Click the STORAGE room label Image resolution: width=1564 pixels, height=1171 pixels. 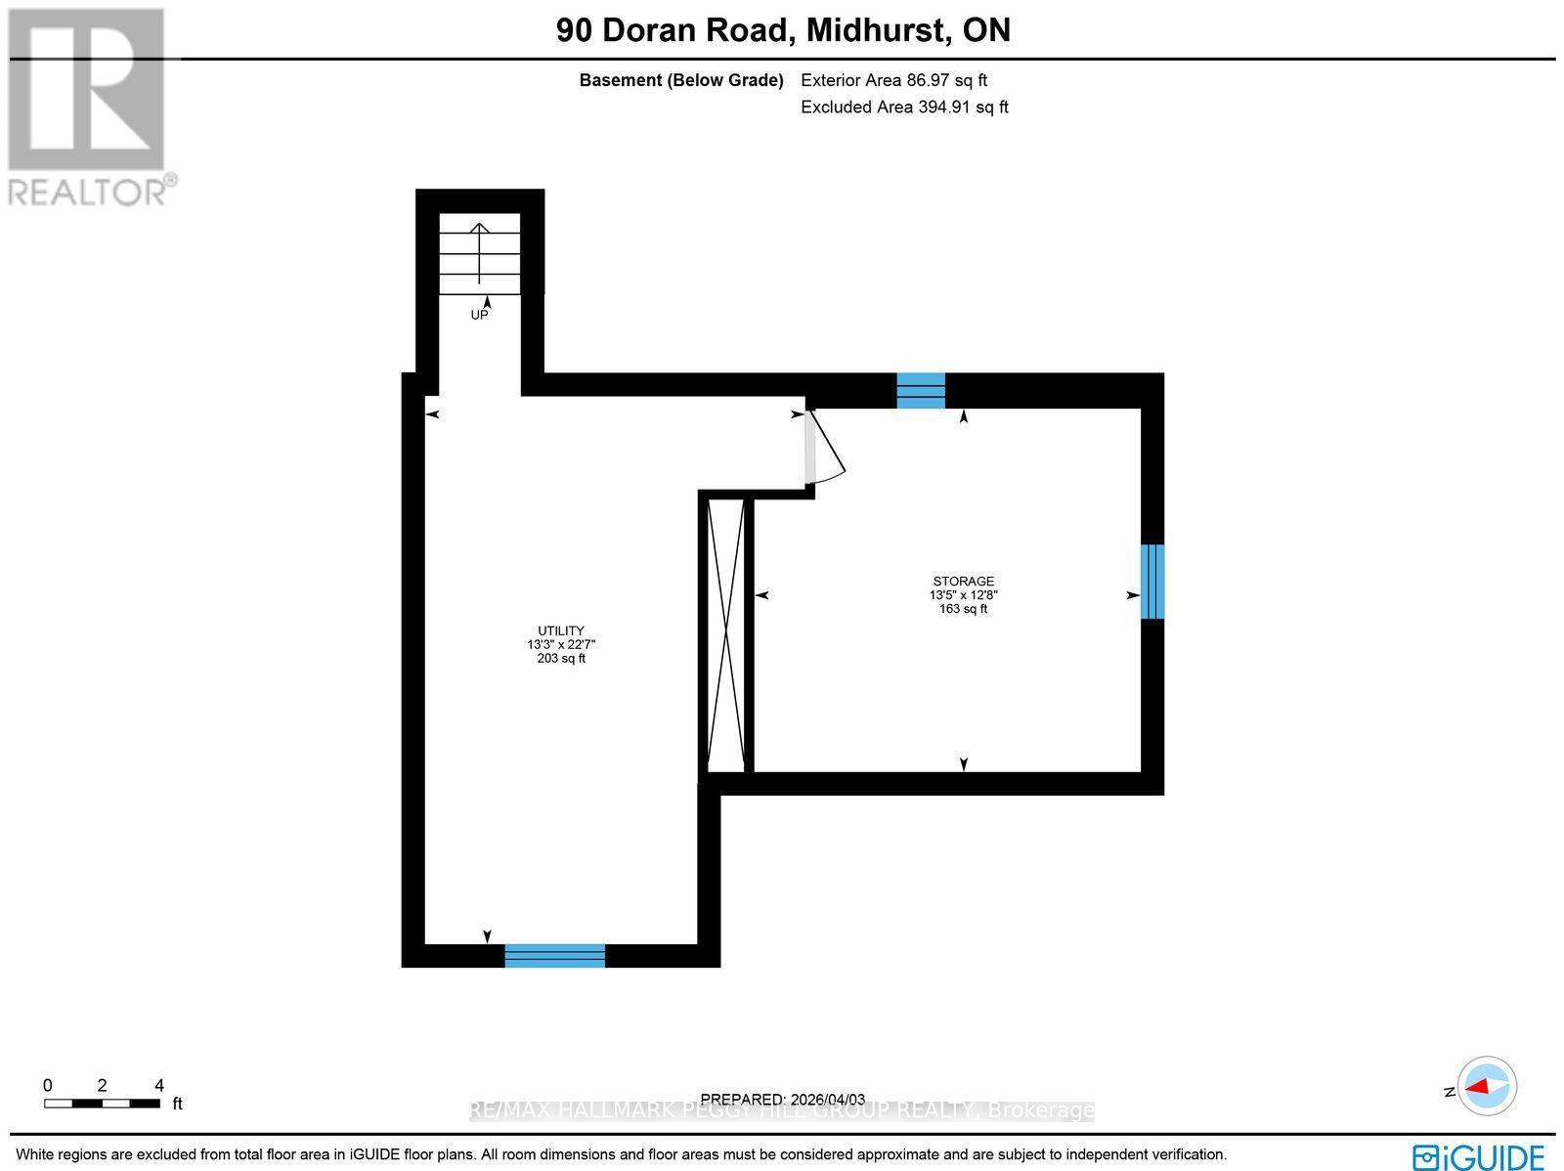(x=963, y=581)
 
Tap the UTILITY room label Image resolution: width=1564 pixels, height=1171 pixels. (x=561, y=630)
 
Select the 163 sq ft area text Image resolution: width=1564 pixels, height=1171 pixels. (x=963, y=609)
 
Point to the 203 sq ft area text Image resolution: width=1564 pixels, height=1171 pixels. (x=561, y=659)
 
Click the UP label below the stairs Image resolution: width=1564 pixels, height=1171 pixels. (x=479, y=315)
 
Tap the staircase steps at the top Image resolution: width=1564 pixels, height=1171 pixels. (x=479, y=253)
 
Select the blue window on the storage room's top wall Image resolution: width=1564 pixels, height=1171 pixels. (x=921, y=390)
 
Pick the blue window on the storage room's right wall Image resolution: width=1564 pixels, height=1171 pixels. (x=1152, y=582)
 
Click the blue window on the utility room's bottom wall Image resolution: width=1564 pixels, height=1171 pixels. (x=554, y=955)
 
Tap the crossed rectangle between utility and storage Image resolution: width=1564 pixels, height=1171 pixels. (x=725, y=635)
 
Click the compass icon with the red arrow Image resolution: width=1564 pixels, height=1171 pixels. (x=1487, y=1086)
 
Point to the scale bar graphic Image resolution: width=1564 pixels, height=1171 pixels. (x=102, y=1104)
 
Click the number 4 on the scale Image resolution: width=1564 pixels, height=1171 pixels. (x=159, y=1085)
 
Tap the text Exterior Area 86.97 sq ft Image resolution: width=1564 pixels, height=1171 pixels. (x=893, y=80)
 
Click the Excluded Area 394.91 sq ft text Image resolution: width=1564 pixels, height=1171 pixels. (x=904, y=107)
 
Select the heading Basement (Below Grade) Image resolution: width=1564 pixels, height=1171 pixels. (x=681, y=80)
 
